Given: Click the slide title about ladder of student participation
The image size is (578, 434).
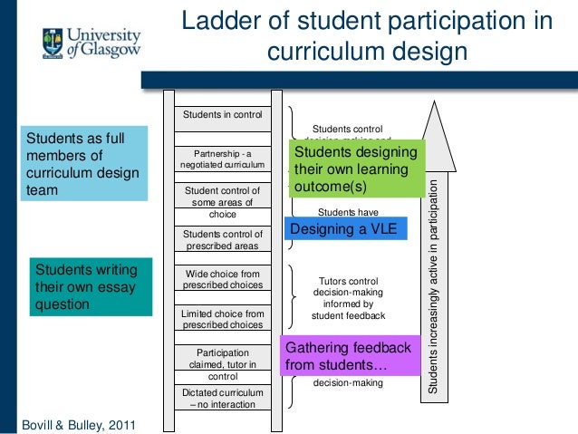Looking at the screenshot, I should [x=367, y=34].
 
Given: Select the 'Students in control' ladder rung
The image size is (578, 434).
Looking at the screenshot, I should [x=222, y=115].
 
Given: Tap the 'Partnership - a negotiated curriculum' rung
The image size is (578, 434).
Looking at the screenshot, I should [x=222, y=159].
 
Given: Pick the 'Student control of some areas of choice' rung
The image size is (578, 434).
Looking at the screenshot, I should [x=222, y=203].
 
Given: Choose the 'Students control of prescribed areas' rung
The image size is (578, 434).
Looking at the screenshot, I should [x=222, y=240].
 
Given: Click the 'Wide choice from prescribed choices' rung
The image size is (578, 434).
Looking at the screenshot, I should [x=222, y=279].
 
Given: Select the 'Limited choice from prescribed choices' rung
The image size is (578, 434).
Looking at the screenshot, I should [x=222, y=320].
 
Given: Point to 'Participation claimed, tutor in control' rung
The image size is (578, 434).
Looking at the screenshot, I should [x=222, y=363].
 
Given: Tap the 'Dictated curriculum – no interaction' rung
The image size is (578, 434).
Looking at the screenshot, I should [x=222, y=399].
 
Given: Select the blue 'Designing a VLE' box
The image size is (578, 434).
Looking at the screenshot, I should [x=345, y=230].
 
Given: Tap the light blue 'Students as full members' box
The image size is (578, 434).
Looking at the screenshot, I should [x=82, y=164].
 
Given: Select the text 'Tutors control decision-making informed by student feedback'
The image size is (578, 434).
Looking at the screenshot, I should [x=349, y=299].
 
